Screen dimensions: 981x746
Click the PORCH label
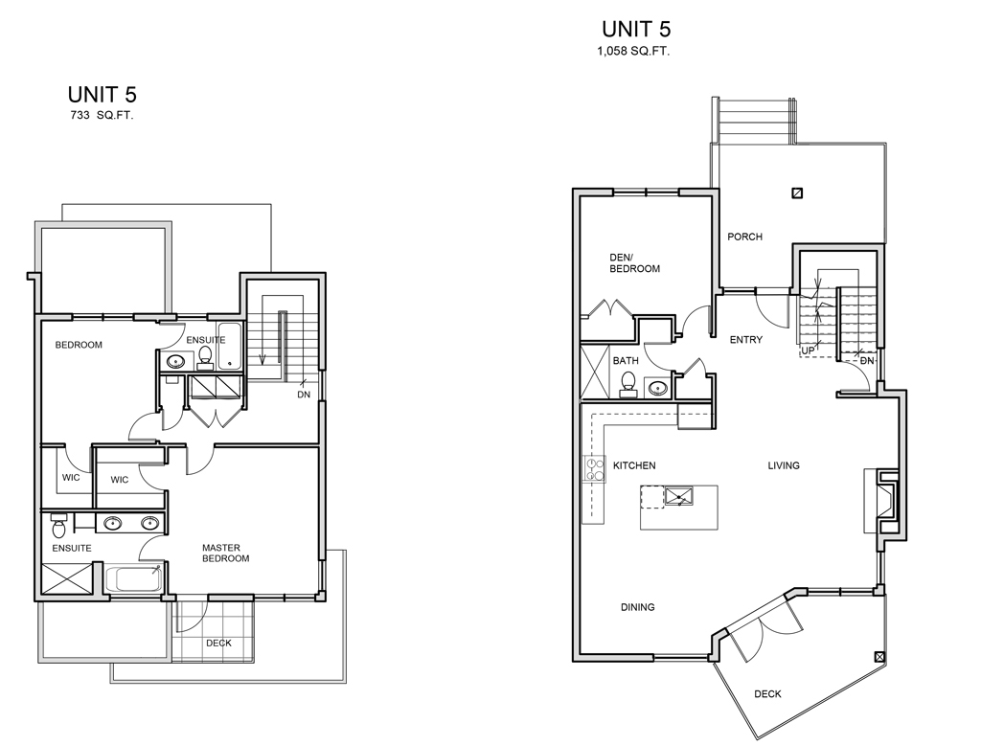[744, 237]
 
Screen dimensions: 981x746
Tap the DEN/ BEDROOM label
[634, 262]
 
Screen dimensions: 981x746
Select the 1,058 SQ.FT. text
[633, 52]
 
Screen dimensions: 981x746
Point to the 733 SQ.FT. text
[102, 115]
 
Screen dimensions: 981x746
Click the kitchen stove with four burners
[594, 469]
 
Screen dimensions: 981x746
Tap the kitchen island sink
[679, 497]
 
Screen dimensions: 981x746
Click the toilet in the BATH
[627, 385]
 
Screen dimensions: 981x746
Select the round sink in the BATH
[657, 388]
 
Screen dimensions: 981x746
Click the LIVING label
[784, 465]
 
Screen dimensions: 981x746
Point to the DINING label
[637, 607]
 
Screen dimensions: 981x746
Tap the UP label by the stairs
[809, 350]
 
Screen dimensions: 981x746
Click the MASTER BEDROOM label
[225, 554]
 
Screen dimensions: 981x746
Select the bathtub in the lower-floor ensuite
[134, 578]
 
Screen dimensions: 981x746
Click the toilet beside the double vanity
[58, 527]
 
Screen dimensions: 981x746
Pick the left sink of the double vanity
[113, 523]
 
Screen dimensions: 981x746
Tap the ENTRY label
[745, 340]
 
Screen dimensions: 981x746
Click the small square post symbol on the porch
[797, 193]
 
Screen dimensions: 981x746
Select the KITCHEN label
[634, 465]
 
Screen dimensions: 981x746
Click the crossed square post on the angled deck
[879, 657]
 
